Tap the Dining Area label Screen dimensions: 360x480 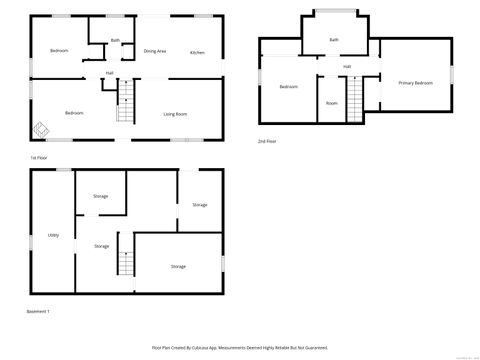[x=155, y=51]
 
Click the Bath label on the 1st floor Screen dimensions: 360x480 [x=115, y=40]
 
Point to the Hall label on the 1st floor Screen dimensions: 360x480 [x=109, y=73]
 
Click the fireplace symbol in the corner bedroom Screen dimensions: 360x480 [x=42, y=129]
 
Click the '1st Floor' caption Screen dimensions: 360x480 [x=38, y=158]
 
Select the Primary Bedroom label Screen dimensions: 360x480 [x=415, y=82]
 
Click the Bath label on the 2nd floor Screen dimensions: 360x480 [x=333, y=40]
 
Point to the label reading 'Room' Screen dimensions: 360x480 [x=331, y=102]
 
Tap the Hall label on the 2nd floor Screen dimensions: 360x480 [x=347, y=67]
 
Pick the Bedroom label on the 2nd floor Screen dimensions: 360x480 [x=289, y=87]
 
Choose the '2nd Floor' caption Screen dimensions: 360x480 [x=267, y=142]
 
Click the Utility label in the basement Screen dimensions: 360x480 [x=52, y=235]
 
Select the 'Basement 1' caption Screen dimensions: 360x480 [x=38, y=311]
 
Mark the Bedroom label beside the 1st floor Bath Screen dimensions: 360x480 [x=59, y=50]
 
